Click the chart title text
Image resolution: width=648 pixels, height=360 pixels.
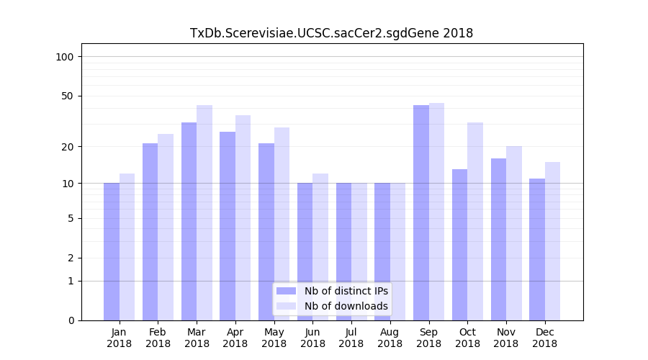pyautogui.click(x=331, y=33)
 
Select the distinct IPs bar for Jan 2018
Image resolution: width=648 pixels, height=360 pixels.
pyautogui.click(x=112, y=251)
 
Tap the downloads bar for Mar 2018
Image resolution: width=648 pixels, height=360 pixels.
pyautogui.click(x=204, y=212)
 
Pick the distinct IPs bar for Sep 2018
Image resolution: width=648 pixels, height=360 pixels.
pyautogui.click(x=421, y=212)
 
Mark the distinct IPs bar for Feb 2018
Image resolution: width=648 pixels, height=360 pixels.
pyautogui.click(x=150, y=231)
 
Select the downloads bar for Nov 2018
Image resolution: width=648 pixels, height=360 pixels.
pyautogui.click(x=514, y=233)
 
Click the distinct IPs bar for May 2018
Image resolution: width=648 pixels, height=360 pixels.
pyautogui.click(x=266, y=231)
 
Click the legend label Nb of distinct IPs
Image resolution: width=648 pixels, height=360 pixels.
pyautogui.click(x=346, y=291)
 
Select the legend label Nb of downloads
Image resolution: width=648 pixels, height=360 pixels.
pyautogui.click(x=346, y=306)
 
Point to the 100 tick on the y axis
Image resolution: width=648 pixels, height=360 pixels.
pyautogui.click(x=65, y=57)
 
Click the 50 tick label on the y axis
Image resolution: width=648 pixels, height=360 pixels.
pyautogui.click(x=68, y=96)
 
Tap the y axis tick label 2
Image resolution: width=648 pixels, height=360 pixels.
pyautogui.click(x=71, y=258)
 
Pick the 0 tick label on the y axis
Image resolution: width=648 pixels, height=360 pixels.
pyautogui.click(x=71, y=320)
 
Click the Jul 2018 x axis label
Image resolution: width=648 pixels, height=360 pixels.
pyautogui.click(x=351, y=338)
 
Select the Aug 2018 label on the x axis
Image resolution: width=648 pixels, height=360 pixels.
pyautogui.click(x=390, y=338)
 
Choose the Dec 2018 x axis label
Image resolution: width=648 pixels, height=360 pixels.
pyautogui.click(x=544, y=338)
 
